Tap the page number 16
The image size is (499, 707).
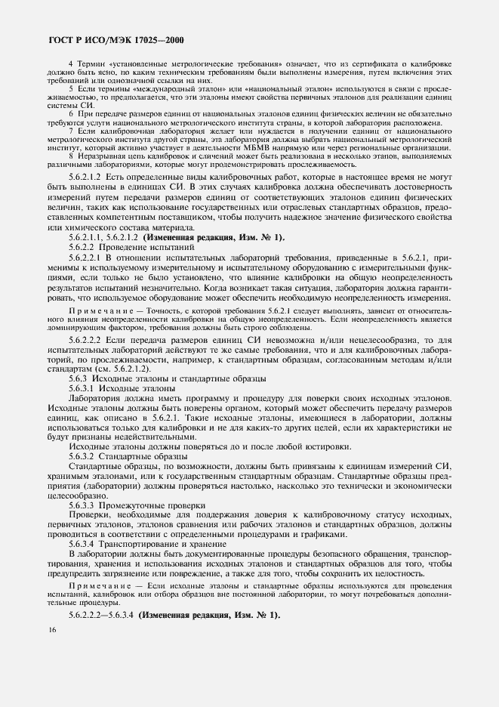click(x=51, y=630)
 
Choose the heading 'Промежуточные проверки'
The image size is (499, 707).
click(x=156, y=505)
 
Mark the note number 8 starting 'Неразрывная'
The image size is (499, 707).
click(x=70, y=157)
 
